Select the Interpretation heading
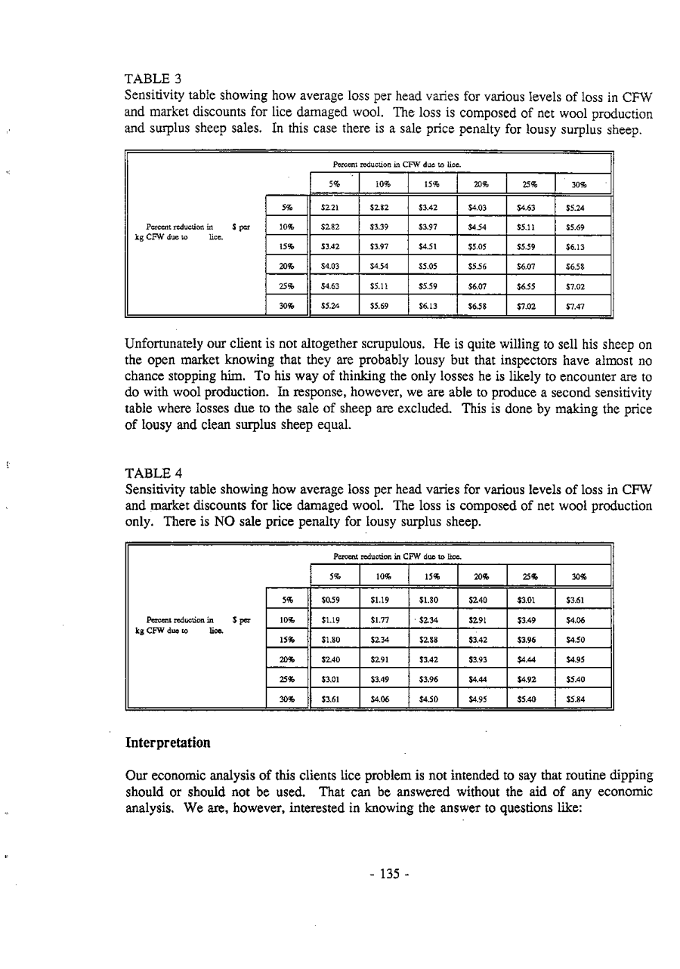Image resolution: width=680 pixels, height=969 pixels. click(168, 743)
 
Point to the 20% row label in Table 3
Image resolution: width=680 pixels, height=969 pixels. click(286, 267)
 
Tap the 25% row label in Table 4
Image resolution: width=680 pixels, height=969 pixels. click(286, 680)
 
